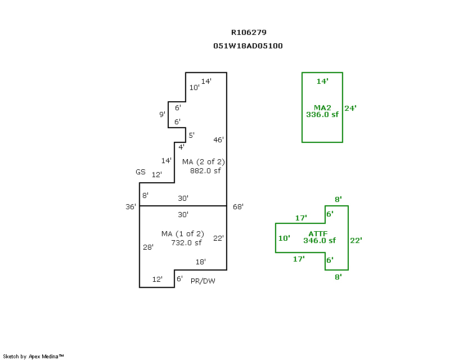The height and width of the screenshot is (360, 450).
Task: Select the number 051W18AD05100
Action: [x=247, y=46]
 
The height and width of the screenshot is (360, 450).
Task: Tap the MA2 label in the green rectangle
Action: [x=322, y=107]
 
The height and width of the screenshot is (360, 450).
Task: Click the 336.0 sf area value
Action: [x=322, y=114]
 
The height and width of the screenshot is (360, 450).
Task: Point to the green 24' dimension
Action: [x=350, y=108]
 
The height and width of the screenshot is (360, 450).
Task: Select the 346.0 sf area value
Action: [x=319, y=240]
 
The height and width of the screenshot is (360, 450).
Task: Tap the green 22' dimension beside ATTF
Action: [x=355, y=240]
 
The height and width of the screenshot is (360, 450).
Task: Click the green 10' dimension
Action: [x=284, y=238]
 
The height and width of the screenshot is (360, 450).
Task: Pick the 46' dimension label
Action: [x=219, y=139]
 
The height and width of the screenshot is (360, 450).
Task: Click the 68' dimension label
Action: [x=238, y=206]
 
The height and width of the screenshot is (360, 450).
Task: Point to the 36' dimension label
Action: [x=130, y=206]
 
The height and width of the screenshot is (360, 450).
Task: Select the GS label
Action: [x=140, y=172]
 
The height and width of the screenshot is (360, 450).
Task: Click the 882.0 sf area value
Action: [x=205, y=170]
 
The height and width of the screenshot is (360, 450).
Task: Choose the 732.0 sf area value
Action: [x=186, y=242]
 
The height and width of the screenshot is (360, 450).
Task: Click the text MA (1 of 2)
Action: [x=182, y=233]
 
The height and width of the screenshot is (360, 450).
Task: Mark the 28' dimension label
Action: [x=148, y=247]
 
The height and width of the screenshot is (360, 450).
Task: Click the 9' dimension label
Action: [x=162, y=115]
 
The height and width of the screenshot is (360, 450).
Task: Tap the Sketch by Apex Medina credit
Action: [x=34, y=356]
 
